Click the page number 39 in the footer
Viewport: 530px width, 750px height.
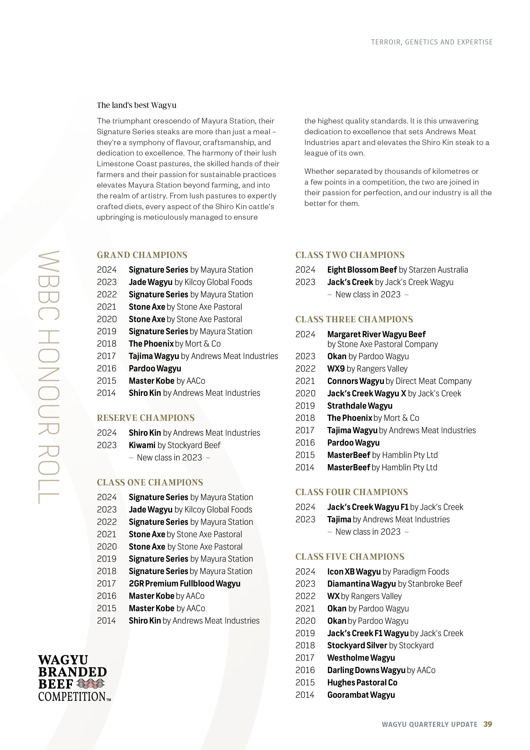(488, 724)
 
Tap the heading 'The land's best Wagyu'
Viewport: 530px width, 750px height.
(136, 105)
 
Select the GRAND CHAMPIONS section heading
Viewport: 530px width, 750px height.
(142, 255)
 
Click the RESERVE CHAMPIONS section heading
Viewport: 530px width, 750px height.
(146, 418)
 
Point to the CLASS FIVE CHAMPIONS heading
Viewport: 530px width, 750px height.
(350, 557)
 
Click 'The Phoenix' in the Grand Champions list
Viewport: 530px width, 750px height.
(151, 344)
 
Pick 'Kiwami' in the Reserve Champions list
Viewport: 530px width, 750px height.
(142, 445)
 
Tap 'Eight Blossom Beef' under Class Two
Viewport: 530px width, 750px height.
(362, 270)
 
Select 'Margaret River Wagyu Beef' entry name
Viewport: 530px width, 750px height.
(376, 334)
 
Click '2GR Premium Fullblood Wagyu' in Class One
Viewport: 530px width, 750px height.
(185, 583)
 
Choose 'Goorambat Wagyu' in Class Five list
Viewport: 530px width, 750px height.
(361, 695)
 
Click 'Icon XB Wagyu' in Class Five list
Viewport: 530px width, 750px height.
(354, 572)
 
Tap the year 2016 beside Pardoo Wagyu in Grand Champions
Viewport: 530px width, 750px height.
(106, 368)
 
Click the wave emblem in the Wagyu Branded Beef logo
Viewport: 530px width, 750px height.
(90, 683)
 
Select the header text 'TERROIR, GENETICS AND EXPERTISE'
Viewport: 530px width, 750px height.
(432, 42)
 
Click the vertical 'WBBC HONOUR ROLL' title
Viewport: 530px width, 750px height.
(49, 377)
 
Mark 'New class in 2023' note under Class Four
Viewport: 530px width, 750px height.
(368, 532)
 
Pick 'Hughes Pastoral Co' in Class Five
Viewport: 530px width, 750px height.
(362, 682)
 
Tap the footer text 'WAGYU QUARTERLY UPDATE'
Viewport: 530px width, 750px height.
(430, 725)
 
